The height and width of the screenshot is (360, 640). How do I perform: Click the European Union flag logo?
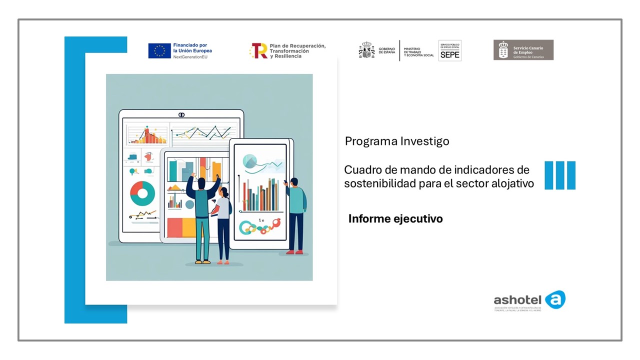point(159,50)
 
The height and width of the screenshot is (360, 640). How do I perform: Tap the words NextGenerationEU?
point(190,57)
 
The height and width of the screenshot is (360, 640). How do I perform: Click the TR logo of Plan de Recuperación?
point(259,50)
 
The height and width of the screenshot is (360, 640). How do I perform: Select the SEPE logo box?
point(449,50)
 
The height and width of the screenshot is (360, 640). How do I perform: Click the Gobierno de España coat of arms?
point(366,50)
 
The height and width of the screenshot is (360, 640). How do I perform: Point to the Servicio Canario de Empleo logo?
point(523,50)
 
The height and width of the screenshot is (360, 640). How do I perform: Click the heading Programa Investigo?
point(397,141)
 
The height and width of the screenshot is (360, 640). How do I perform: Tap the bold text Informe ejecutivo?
point(395,218)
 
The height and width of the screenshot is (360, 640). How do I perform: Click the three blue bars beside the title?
point(559,175)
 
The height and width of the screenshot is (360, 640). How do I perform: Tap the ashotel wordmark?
point(517,300)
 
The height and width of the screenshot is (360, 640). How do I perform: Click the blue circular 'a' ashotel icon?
point(555,299)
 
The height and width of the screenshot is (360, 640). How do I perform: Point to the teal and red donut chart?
point(142,193)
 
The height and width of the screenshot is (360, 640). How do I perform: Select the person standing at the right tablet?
point(296,215)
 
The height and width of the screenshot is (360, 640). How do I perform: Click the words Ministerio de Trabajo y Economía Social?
point(418,50)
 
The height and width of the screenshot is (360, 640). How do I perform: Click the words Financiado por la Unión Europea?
point(192,48)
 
